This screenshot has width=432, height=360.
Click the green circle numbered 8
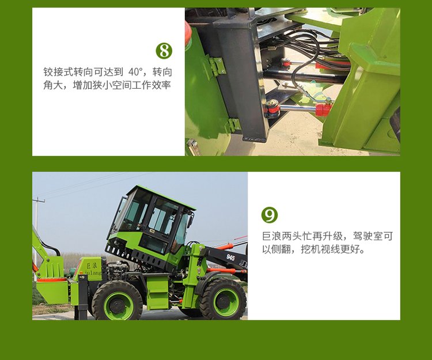(x=164, y=51)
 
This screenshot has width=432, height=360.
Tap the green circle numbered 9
(x=270, y=215)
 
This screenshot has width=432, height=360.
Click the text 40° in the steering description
(x=135, y=72)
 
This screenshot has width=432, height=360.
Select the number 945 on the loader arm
(x=230, y=257)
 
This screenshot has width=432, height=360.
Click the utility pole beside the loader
(x=36, y=234)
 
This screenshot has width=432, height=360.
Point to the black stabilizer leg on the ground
(x=82, y=297)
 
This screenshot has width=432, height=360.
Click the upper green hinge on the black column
(x=218, y=66)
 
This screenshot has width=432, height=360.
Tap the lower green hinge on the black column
(x=234, y=125)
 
